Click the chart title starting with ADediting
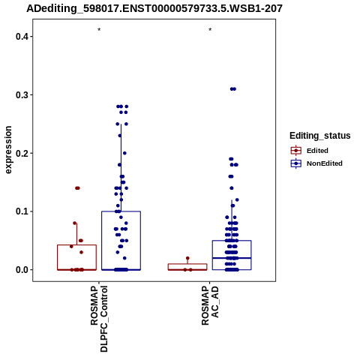tap(154, 8)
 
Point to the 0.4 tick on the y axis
tap(21, 37)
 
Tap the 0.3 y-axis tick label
tap(21, 95)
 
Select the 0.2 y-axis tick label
tap(21, 153)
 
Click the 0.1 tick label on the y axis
tap(21, 211)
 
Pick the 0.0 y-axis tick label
tap(21, 270)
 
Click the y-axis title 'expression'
tap(8, 150)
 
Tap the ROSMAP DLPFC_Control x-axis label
tap(99, 319)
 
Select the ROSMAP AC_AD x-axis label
tap(210, 305)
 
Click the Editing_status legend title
tap(320, 136)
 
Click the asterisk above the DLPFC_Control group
tap(99, 30)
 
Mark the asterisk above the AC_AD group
tap(210, 30)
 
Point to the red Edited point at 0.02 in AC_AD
tap(187, 258)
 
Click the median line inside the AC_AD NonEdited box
tap(232, 258)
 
